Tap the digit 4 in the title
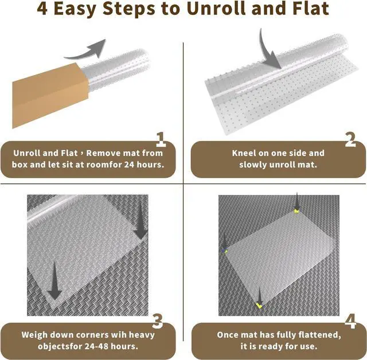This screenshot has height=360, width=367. (x=42, y=9)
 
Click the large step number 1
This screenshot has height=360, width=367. (x=161, y=139)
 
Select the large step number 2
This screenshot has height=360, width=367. (x=350, y=139)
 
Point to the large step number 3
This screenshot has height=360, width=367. (x=158, y=321)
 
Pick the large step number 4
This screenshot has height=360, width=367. (x=350, y=321)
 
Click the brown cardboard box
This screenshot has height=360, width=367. (x=50, y=95)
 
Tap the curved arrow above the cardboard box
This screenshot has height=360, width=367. (x=86, y=50)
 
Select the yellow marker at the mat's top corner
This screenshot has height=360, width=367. (x=296, y=212)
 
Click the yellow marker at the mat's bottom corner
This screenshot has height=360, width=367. (x=259, y=306)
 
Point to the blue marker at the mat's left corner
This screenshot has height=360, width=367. (x=225, y=251)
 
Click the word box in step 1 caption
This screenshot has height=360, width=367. (x=20, y=165)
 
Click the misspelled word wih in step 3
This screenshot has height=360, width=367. (x=118, y=335)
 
